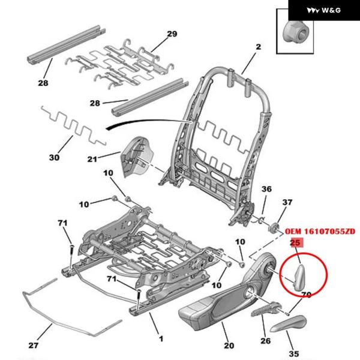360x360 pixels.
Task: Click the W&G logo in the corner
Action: click(x=323, y=11)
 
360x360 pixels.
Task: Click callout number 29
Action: click(x=172, y=34)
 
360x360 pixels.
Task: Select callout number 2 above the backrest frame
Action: click(x=259, y=47)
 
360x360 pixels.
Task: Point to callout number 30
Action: click(x=55, y=158)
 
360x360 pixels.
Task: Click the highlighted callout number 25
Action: click(x=295, y=243)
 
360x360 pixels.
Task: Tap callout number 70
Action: click(x=305, y=295)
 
